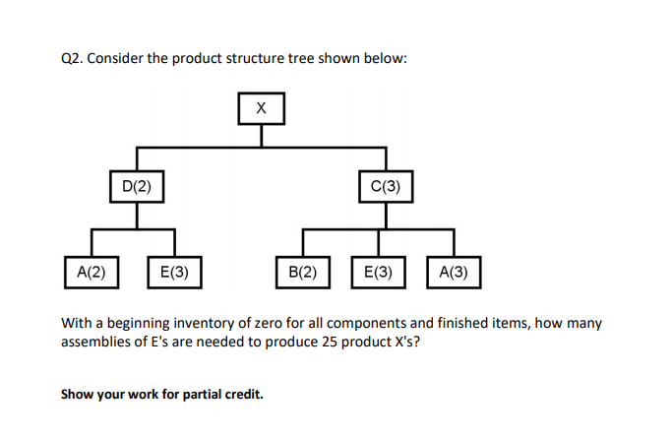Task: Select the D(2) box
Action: pos(136,185)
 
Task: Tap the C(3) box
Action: pos(386,185)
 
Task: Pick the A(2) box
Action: pos(92,272)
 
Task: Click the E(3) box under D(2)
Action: pos(174,272)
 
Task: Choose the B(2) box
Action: pos(302,272)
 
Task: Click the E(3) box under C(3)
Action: pos(378,272)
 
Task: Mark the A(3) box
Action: pos(454,272)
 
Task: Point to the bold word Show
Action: pos(79,395)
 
